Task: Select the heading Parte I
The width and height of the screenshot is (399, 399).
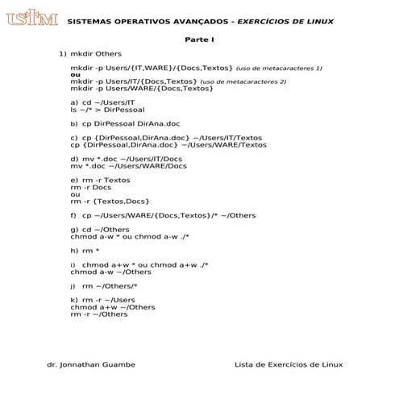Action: point(198,39)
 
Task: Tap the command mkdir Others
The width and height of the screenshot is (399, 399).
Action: point(97,53)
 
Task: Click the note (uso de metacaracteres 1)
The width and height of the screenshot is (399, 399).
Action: point(279,69)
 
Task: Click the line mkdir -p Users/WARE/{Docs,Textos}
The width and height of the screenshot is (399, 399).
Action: point(142,89)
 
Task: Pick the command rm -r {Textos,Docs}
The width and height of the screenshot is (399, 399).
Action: point(110,201)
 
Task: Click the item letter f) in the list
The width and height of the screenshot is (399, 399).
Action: point(74,215)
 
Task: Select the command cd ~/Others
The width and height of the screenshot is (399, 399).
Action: point(106,230)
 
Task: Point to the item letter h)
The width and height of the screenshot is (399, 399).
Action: point(74,250)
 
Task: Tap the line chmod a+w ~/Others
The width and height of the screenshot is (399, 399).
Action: point(113,307)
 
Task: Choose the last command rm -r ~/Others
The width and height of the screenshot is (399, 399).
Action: point(99,314)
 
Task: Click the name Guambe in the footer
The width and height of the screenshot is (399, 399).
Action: point(116,365)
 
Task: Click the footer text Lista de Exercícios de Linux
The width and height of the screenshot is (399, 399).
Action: point(289,365)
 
